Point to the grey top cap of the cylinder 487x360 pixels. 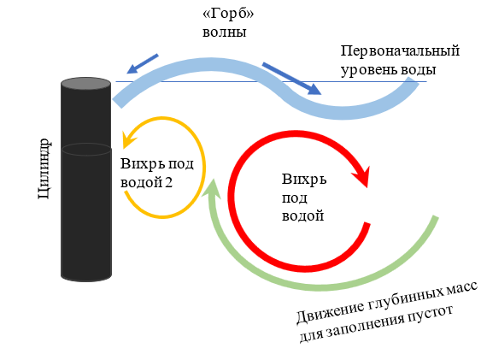tap(85, 84)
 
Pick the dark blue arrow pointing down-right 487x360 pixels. tap(292, 78)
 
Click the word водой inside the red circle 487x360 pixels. tap(302, 215)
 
